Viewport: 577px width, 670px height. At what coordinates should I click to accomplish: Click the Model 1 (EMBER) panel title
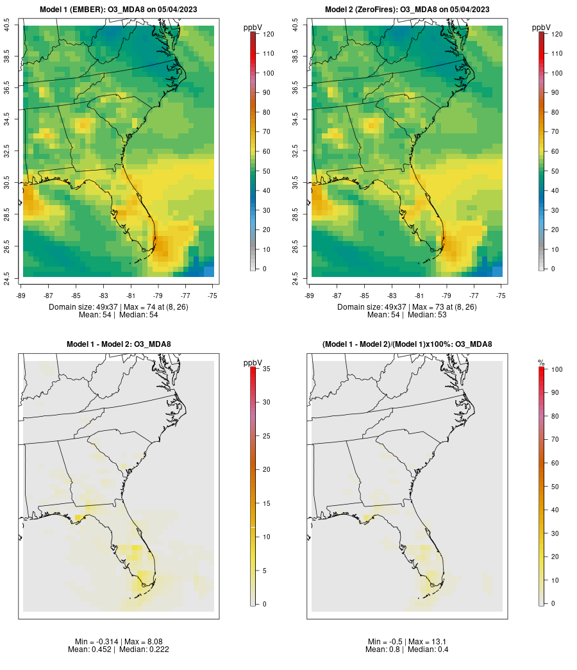pos(118,9)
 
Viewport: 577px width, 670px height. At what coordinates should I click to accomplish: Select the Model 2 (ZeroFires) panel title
pos(407,9)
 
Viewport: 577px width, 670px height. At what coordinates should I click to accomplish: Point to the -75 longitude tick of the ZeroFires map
pos(501,295)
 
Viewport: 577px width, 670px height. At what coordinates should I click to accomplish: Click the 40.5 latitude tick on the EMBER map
pos(6,26)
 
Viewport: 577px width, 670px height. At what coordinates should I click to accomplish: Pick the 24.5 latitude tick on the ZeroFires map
pos(295,277)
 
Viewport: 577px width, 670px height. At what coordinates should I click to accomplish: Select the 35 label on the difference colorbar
pos(267,369)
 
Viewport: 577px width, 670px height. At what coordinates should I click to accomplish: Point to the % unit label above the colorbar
pos(542,363)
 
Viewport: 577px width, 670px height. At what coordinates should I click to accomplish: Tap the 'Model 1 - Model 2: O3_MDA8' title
pos(119,344)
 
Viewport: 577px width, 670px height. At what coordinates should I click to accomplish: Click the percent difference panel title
pos(407,344)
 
